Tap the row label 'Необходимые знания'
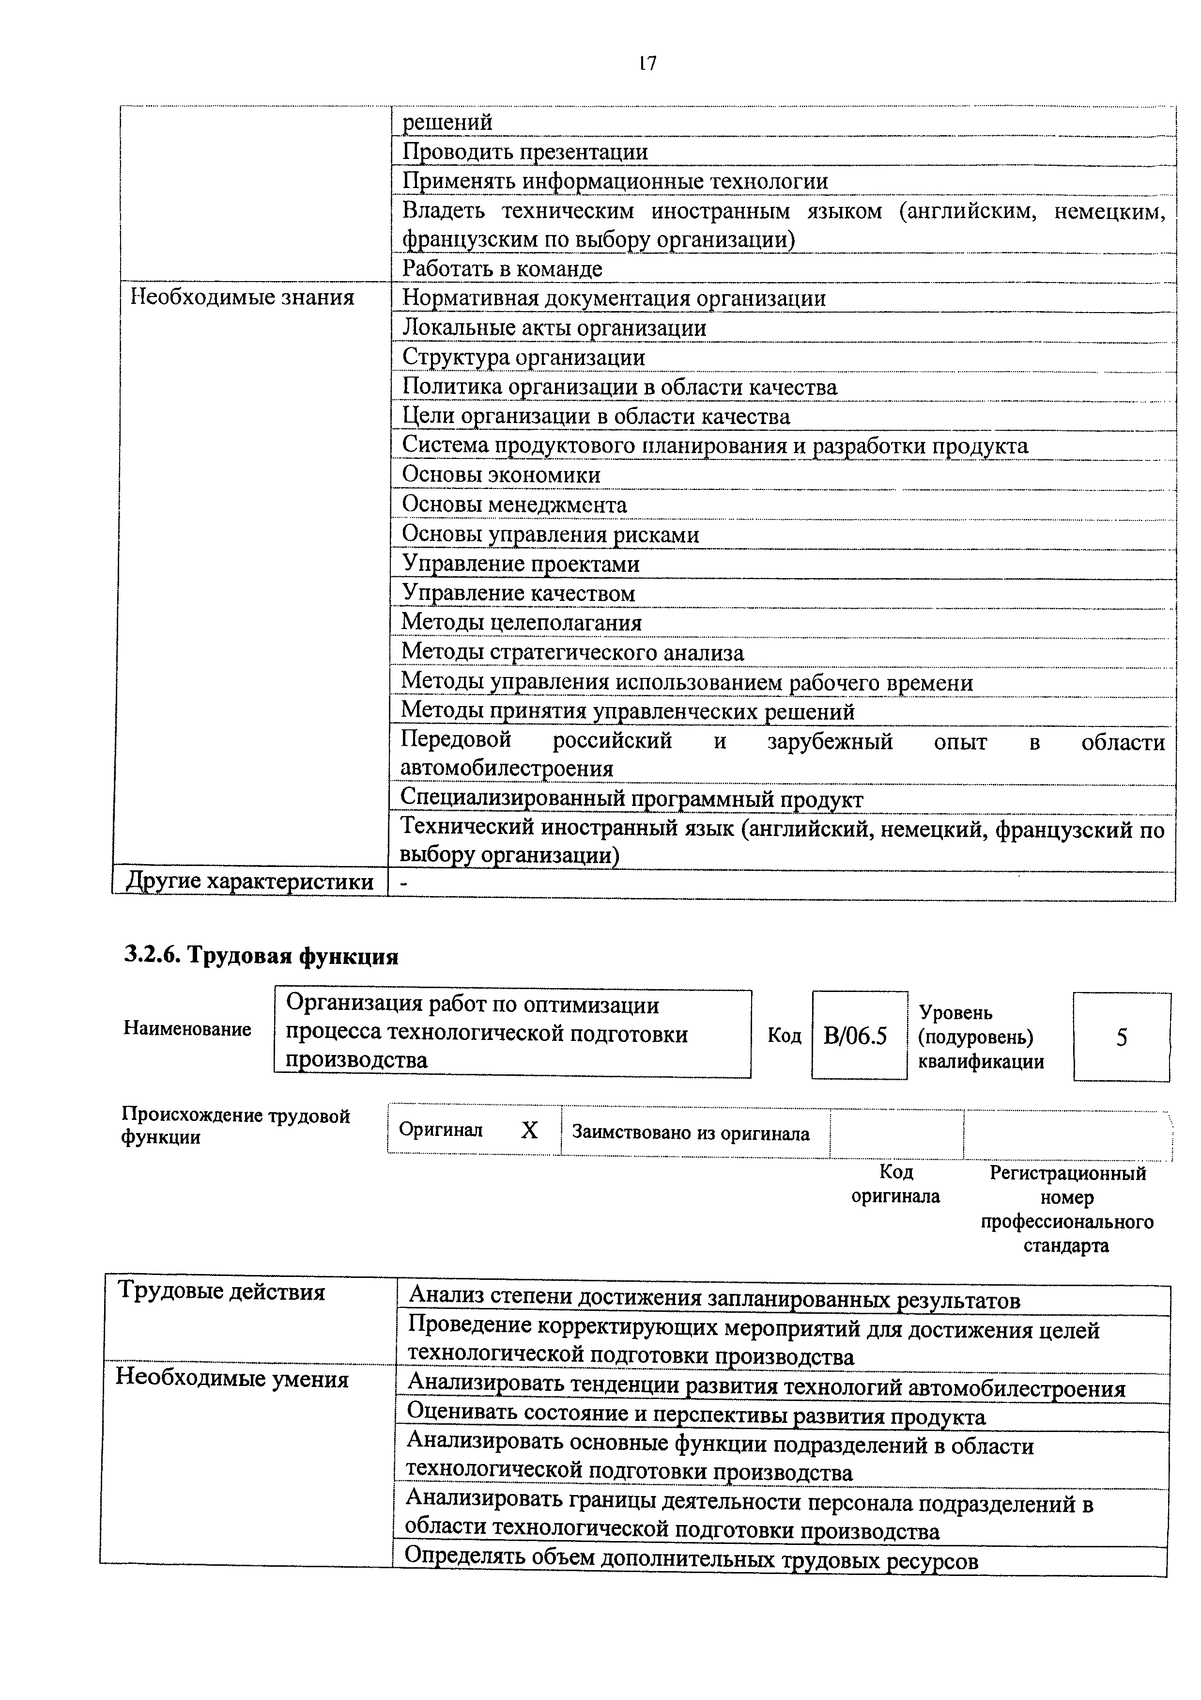[x=242, y=298]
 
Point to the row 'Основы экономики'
[x=501, y=474]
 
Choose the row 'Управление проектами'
[x=520, y=564]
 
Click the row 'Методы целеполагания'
[x=521, y=623]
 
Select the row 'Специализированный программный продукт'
[x=631, y=800]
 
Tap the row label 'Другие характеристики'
[x=250, y=882]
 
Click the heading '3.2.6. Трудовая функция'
[x=261, y=957]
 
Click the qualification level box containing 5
[x=1121, y=1038]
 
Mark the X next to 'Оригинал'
[x=529, y=1130]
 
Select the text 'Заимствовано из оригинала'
[x=691, y=1133]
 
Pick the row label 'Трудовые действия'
[x=221, y=1292]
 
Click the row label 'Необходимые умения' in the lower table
[x=231, y=1379]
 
